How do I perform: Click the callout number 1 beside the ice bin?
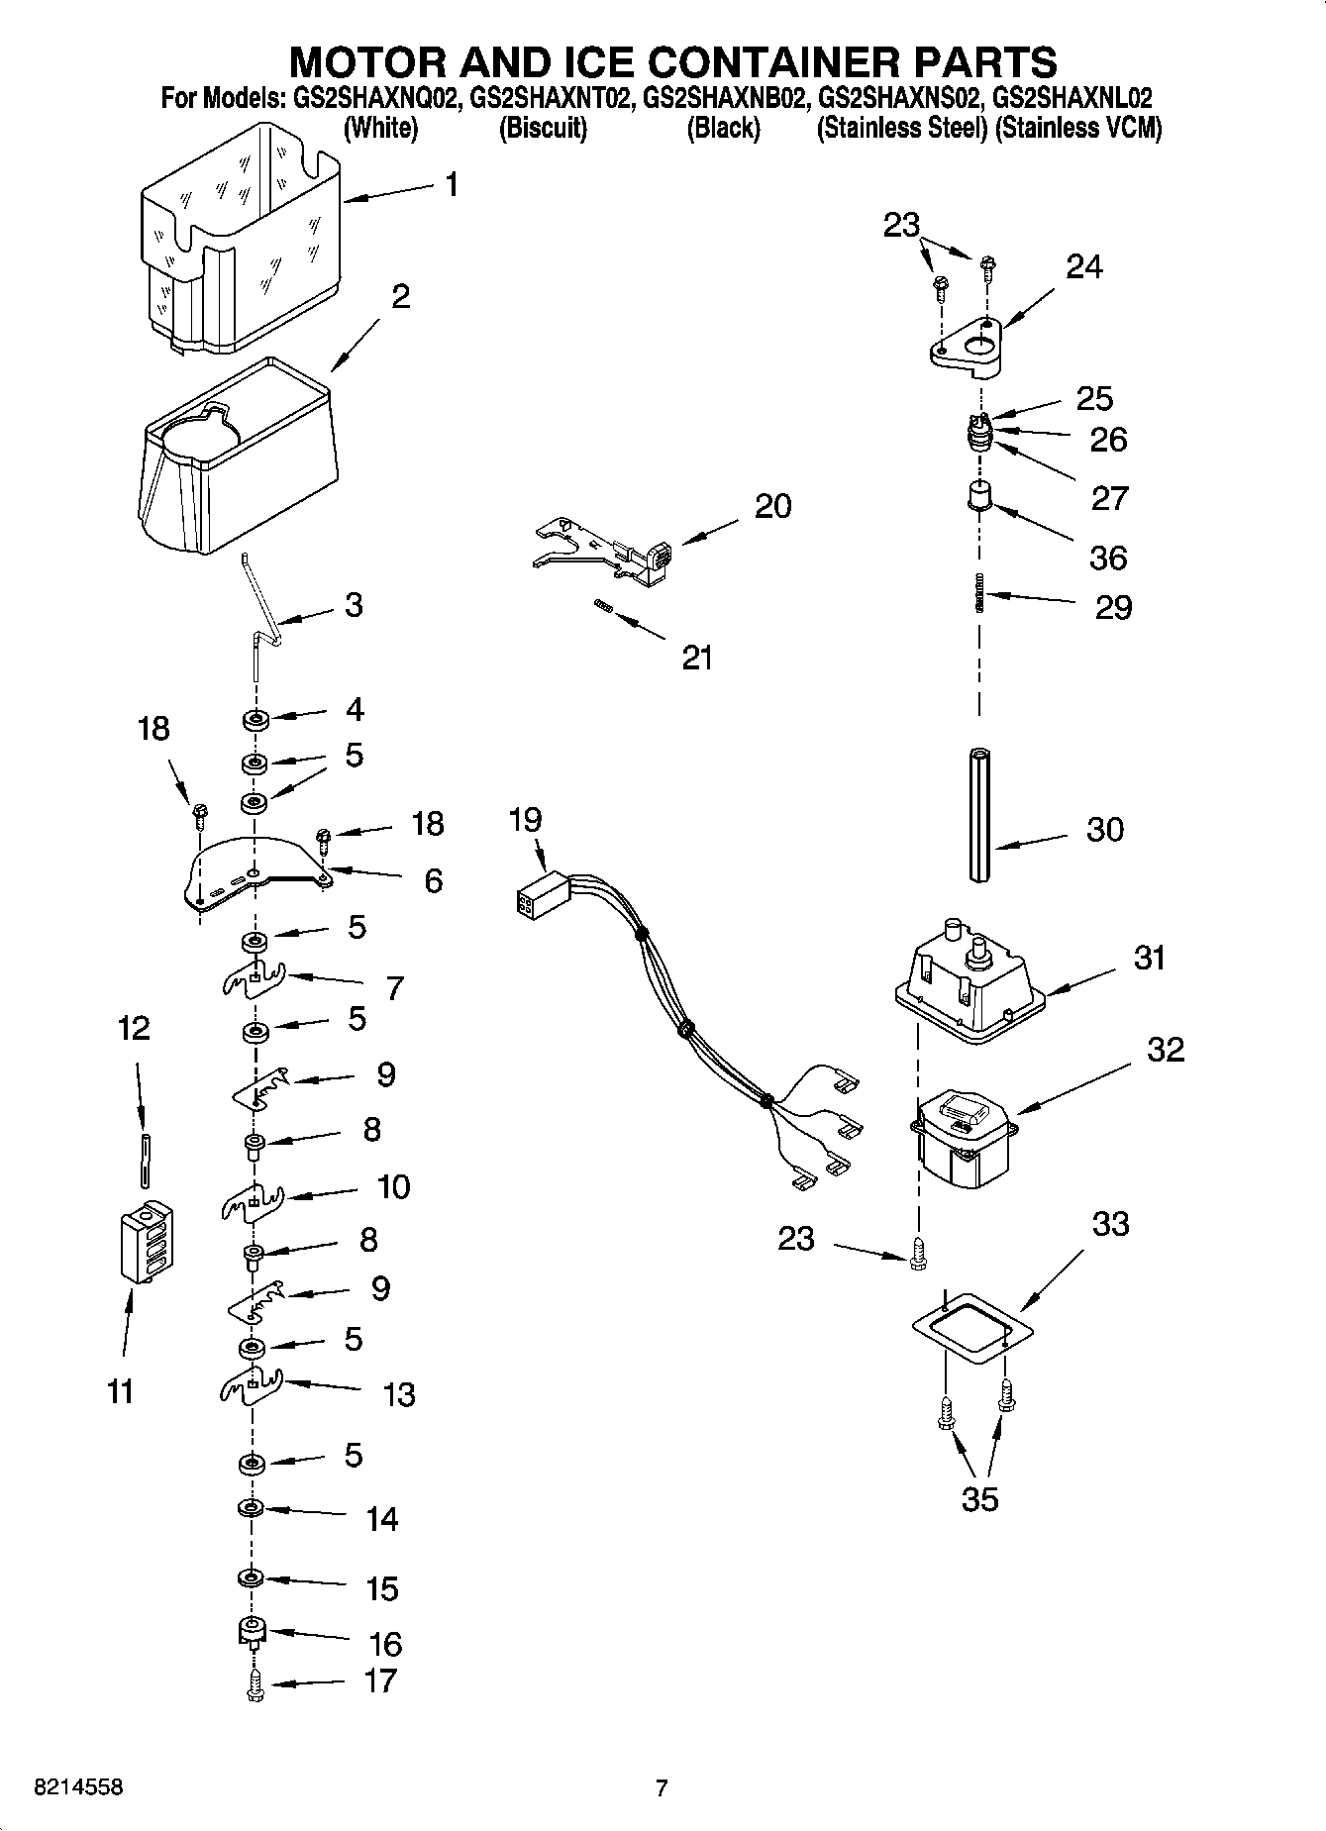[452, 184]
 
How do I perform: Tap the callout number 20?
[772, 506]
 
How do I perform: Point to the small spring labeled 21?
[601, 606]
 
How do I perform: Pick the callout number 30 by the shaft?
[1105, 829]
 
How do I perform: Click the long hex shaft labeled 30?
[980, 814]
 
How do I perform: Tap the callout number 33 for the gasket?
[1110, 1224]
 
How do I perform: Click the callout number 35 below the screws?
[979, 1499]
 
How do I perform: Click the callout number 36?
[1108, 558]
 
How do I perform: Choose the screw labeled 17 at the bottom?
[255, 1682]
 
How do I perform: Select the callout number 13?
[398, 1394]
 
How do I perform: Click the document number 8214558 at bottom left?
[78, 1787]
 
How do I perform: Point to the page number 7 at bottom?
[662, 1787]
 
